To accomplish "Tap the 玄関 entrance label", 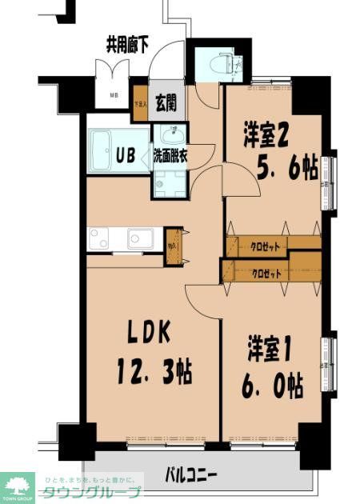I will click(166, 102).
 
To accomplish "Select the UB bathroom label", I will click(126, 154).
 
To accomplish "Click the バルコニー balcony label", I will click(191, 475).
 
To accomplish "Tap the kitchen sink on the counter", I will click(141, 238).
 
